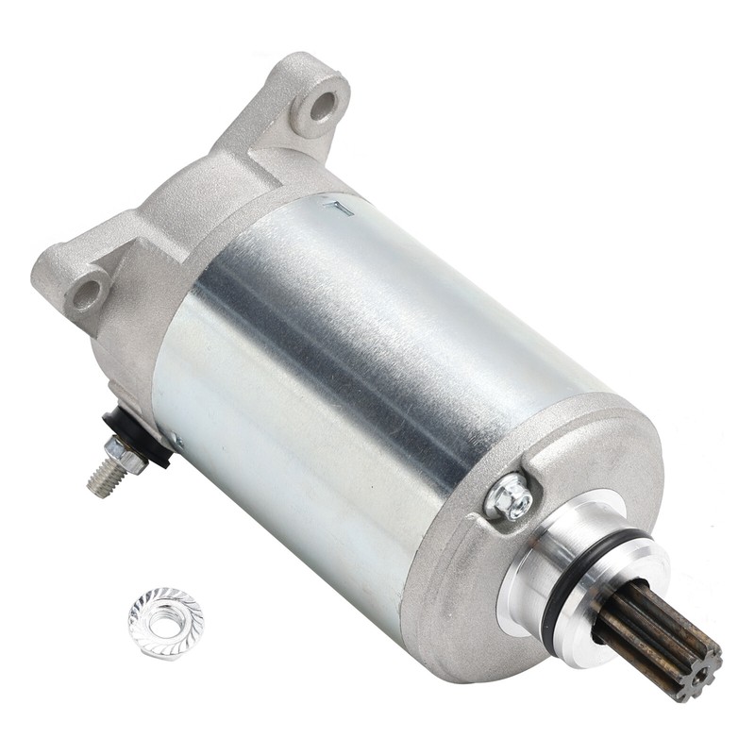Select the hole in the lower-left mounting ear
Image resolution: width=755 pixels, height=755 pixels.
[88, 291]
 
